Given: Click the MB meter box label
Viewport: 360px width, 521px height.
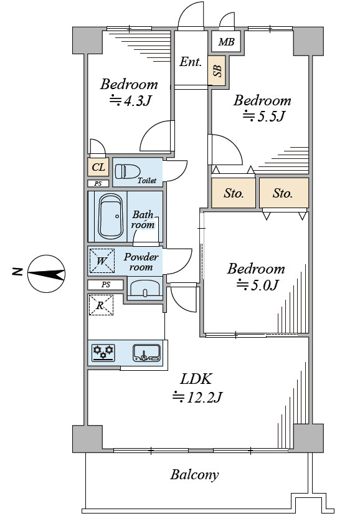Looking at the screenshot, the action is click(x=227, y=42).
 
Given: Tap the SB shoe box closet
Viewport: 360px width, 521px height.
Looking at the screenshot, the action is click(x=217, y=71).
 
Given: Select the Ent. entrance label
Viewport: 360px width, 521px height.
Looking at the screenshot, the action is click(x=191, y=62).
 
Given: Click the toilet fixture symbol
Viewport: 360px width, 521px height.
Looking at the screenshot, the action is click(x=128, y=172).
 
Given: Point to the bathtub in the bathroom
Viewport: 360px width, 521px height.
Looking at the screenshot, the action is click(x=110, y=216).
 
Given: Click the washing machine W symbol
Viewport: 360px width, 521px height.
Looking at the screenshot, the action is click(x=102, y=261).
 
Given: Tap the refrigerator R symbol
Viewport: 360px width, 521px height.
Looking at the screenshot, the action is click(x=101, y=305).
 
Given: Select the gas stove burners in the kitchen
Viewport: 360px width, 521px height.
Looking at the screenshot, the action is click(x=103, y=353).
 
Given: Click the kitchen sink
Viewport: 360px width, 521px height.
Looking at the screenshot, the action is click(x=147, y=353).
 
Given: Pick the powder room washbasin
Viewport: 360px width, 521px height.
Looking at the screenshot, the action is click(x=144, y=288).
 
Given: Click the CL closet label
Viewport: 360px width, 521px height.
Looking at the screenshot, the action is click(x=98, y=167).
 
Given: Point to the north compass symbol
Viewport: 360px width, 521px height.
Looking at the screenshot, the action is click(x=46, y=274).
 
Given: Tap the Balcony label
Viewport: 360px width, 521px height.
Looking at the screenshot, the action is click(x=194, y=475).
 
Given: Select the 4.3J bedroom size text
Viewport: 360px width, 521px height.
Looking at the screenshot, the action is click(x=131, y=101).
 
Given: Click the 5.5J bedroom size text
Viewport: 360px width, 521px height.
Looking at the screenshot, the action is click(x=264, y=117).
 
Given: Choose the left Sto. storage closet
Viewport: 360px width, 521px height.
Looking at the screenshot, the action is click(x=234, y=193).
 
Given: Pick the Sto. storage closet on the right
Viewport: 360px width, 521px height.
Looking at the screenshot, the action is click(x=284, y=193).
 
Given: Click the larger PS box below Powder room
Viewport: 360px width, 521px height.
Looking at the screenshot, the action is click(x=106, y=285).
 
